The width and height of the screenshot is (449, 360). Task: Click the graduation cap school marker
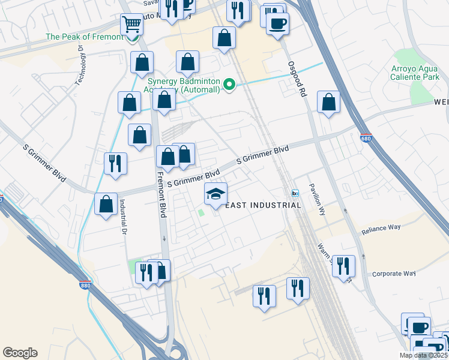[x=216, y=194]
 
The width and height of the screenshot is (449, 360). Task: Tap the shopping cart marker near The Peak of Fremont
[x=131, y=25]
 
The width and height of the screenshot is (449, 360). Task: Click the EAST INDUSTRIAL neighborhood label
[x=262, y=205]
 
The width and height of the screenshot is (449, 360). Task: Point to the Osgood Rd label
[x=297, y=77]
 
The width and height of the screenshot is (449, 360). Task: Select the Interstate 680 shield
[x=366, y=138]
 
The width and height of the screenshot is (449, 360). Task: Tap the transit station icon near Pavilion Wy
[x=295, y=193]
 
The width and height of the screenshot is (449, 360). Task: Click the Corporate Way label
[x=394, y=274]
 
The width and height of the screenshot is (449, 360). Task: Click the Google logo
[x=20, y=353]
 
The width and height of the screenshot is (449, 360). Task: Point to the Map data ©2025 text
[x=423, y=355]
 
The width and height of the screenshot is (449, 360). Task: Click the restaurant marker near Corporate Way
[x=343, y=266]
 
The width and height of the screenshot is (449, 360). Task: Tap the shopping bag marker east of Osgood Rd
[x=328, y=103]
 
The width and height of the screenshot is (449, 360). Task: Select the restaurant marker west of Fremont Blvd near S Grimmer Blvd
[x=115, y=164]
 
